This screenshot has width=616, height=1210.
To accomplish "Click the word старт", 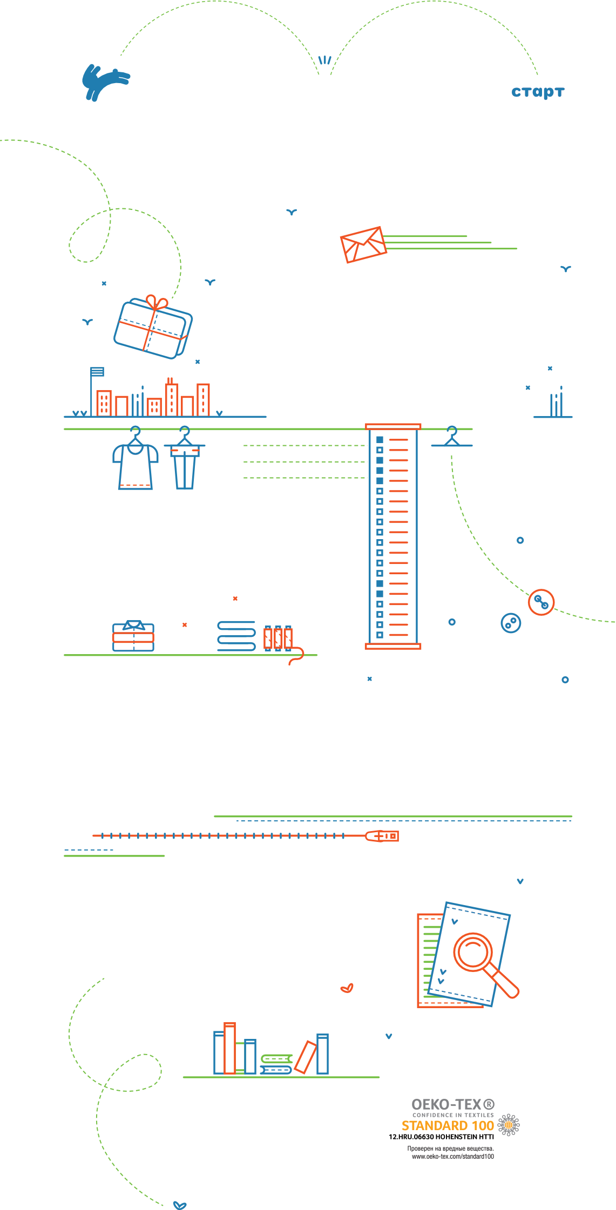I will pos(538,92).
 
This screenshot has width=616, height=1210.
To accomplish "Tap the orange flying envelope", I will pos(363,244).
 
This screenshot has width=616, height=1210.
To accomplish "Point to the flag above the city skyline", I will pos(97,372).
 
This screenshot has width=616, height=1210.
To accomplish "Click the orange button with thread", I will pos(541,602).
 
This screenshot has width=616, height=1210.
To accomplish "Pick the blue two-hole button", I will pos(511,623).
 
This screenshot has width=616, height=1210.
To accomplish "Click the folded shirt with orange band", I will pos(133,637).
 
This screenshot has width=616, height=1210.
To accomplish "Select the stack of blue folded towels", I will pos(236,636).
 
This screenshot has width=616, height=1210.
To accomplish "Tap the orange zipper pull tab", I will pos(383,836).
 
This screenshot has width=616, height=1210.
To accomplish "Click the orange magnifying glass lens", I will pos(473,951).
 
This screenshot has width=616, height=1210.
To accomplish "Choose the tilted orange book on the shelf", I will pos(305,1057).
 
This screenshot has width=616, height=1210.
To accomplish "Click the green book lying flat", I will pos(276,1059).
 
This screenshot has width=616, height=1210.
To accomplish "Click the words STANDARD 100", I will pos(448,1126).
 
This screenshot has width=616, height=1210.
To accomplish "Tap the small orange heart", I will pos(347,988).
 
